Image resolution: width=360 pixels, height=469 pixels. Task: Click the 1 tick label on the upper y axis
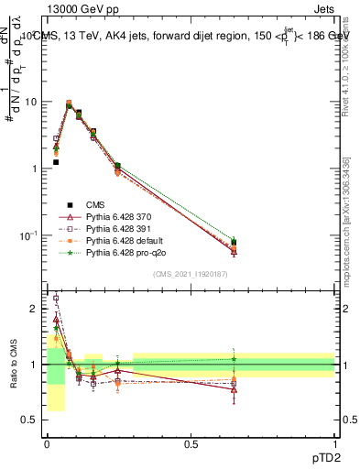click(35, 169)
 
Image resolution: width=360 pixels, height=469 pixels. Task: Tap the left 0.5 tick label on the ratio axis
click(31, 420)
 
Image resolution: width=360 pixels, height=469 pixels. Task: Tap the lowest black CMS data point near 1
click(56, 162)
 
